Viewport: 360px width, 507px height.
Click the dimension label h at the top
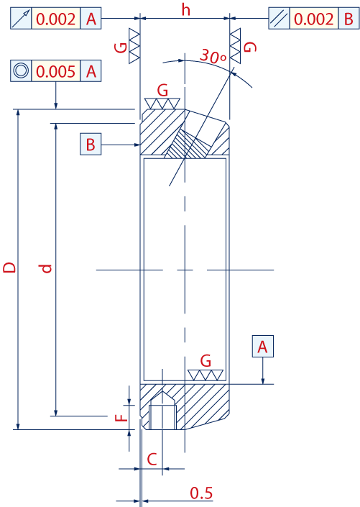point(185,9)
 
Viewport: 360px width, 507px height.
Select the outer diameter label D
point(9,268)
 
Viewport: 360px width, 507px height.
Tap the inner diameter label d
point(47,268)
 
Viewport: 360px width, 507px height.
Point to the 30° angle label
point(213,56)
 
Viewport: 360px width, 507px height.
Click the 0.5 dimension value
point(201,493)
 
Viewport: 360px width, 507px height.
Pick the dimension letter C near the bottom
point(152,459)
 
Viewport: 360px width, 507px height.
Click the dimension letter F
point(121,417)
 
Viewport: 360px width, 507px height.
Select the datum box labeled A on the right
point(263,347)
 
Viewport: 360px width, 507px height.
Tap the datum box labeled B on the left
point(91,145)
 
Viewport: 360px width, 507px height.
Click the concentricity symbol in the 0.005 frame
point(21,70)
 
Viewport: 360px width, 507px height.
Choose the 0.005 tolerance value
point(55,71)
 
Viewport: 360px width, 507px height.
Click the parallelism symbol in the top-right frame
point(279,19)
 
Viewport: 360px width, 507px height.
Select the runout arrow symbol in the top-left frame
point(21,19)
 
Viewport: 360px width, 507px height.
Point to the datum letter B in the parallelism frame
point(349,19)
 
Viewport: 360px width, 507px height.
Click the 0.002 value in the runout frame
point(55,19)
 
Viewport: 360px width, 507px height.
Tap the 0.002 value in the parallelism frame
point(313,19)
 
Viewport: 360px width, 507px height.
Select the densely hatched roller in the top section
point(188,145)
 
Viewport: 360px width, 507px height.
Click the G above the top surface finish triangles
point(162,90)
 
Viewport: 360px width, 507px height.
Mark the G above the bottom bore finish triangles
point(206,360)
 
